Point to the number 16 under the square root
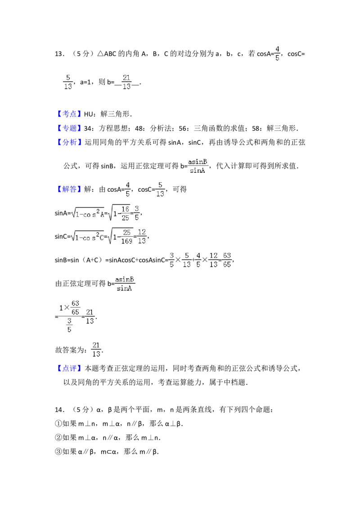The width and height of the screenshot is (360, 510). [x=125, y=209]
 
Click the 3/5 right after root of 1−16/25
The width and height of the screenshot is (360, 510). [x=137, y=212]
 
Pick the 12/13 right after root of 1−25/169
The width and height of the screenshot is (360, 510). [x=142, y=235]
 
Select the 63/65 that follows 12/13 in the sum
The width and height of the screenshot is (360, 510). [x=227, y=260]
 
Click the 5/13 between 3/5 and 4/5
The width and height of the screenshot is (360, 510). [x=186, y=260]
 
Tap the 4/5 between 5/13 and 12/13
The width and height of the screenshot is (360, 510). [x=198, y=260]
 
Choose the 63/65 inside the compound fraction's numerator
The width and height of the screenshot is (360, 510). [x=75, y=307]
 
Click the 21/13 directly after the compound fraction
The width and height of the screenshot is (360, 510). [x=90, y=316]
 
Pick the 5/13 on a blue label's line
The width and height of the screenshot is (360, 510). [x=160, y=189]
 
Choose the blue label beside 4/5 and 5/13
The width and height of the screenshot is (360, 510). [x=70, y=189]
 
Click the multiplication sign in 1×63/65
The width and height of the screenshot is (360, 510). [x=67, y=307]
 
